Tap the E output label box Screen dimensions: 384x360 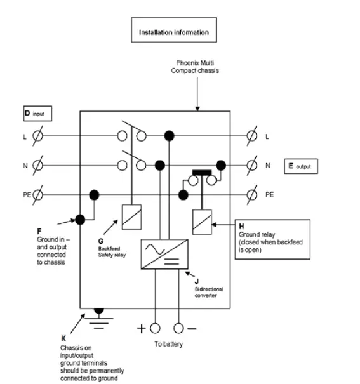pos(300,166)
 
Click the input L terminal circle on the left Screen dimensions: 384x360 pos(37,136)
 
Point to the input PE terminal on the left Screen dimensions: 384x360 pos(37,194)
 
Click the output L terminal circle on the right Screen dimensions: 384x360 pos(251,136)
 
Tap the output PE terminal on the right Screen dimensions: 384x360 pos(251,194)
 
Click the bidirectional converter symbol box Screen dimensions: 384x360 pos(163,255)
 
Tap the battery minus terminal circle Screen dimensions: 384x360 pos(178,328)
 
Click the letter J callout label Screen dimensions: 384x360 pos(197,280)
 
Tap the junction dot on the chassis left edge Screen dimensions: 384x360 pos(80,220)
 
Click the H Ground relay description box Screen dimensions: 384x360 pos(272,239)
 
